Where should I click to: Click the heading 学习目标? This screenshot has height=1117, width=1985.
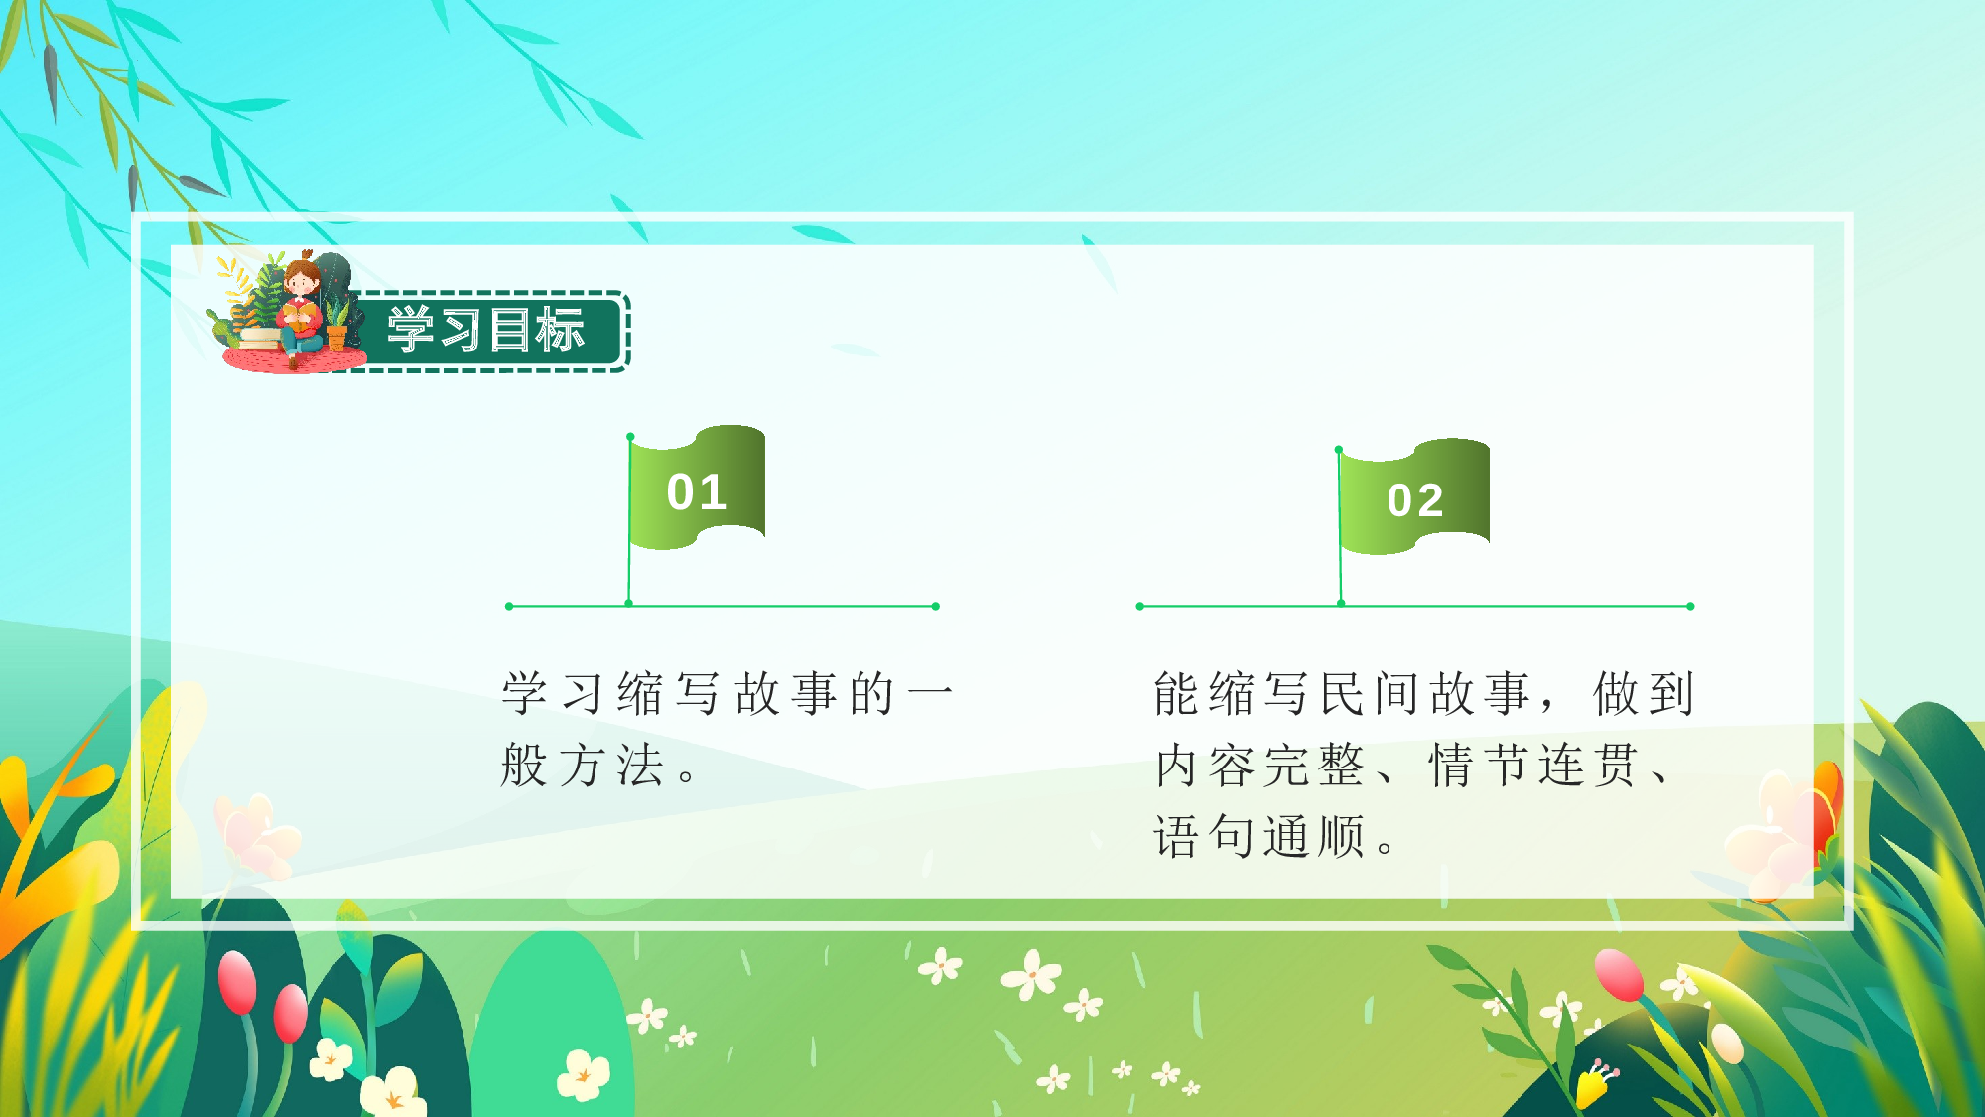pos(485,330)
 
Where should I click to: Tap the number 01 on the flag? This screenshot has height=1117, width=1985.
pos(697,492)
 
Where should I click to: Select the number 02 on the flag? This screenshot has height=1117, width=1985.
pos(1415,500)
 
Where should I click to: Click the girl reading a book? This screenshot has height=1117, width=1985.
pos(300,313)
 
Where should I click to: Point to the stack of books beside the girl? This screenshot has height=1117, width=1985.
pos(259,338)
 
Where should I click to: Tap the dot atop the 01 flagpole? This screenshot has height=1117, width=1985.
pos(630,437)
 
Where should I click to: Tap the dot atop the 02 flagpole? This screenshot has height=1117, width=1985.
pos(1339,450)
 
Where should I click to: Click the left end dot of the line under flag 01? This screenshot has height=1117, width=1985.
pos(509,606)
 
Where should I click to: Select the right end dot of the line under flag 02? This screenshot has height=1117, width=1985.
pos(1690,606)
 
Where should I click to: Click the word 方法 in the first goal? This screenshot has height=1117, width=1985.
pos(611,766)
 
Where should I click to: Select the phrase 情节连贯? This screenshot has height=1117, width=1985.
pos(1533,766)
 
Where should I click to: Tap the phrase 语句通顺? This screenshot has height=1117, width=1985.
pos(1260,837)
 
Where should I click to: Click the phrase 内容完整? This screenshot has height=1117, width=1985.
pos(1260,766)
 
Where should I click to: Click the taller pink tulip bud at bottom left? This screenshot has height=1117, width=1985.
pos(237,982)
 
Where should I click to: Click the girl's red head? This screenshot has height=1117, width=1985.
pos(301,277)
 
